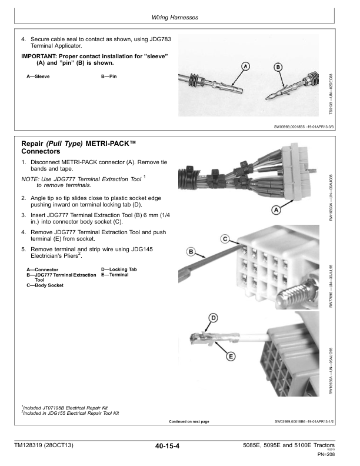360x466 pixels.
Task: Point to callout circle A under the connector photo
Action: [x=275, y=210]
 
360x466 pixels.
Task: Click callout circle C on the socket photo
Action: [x=225, y=238]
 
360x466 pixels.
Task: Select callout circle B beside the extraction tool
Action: [x=191, y=252]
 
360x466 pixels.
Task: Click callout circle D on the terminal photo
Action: [x=214, y=318]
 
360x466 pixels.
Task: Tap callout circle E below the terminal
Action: [x=231, y=356]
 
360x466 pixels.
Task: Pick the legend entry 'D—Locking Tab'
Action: [x=119, y=269]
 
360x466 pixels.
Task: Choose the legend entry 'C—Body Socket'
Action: [x=45, y=285]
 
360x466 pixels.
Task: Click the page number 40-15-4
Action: [x=164, y=446]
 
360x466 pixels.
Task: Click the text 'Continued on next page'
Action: [x=189, y=421]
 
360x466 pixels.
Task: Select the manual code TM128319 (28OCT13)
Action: [x=45, y=446]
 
